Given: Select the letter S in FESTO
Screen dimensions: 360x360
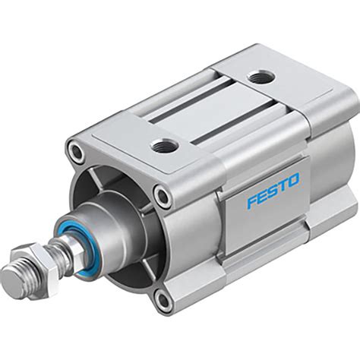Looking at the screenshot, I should pos(273,184).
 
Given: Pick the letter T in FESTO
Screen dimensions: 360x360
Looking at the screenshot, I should pos(283,181).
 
